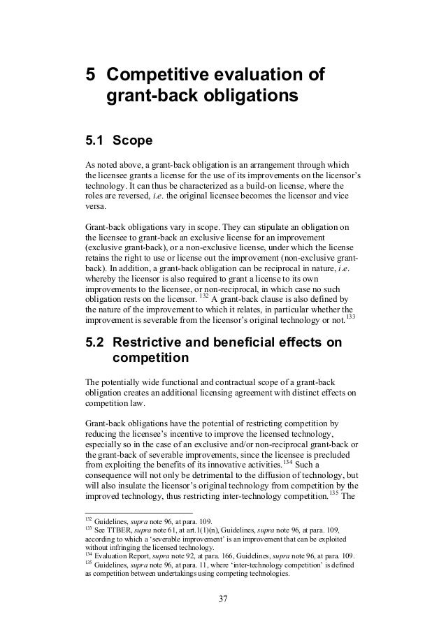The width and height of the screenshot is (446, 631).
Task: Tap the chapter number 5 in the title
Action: pos(89,75)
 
